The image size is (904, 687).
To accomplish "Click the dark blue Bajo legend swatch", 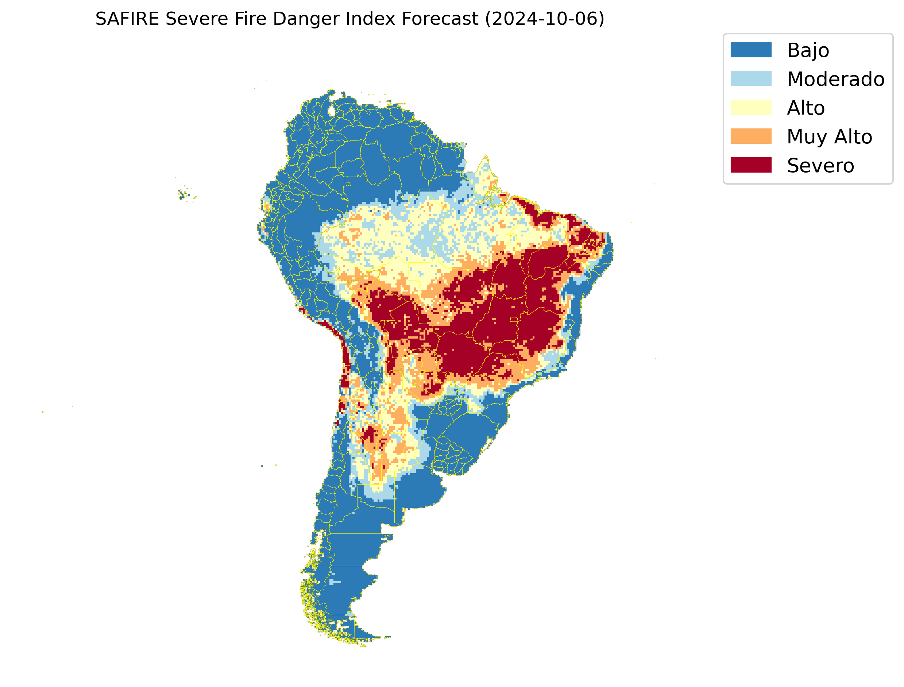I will [751, 50].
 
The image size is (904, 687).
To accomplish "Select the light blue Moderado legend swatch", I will [751, 78].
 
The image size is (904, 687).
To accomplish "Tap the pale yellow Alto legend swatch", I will [751, 108].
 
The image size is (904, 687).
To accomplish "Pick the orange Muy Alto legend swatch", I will [751, 136].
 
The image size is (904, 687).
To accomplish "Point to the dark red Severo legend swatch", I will [751, 165].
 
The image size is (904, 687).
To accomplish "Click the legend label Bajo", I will [808, 51].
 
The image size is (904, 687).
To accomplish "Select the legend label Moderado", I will [835, 79].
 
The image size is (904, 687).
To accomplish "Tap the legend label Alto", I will [806, 108].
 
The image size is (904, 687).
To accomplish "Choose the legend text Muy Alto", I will [829, 137].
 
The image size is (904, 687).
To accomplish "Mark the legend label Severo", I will [820, 166].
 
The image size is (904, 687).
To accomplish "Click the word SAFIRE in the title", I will [127, 19].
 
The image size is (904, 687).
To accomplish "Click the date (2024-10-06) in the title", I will [545, 19].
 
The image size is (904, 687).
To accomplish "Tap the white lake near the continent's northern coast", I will [332, 111].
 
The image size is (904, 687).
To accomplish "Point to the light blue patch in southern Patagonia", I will [335, 582].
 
